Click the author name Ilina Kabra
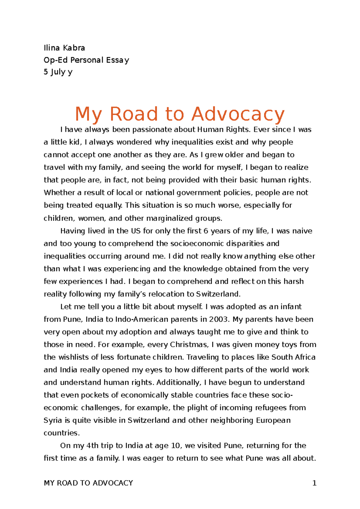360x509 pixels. (64, 48)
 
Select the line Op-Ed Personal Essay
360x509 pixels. (86, 60)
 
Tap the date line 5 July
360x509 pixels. (58, 72)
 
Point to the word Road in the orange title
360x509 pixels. (134, 114)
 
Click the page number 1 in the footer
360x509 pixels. (314, 483)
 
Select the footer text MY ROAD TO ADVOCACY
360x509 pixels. (88, 483)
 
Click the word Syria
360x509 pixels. (53, 420)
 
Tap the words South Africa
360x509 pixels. (293, 357)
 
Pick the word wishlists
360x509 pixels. (74, 357)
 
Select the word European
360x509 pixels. (273, 420)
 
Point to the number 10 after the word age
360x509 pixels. (176, 445)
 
